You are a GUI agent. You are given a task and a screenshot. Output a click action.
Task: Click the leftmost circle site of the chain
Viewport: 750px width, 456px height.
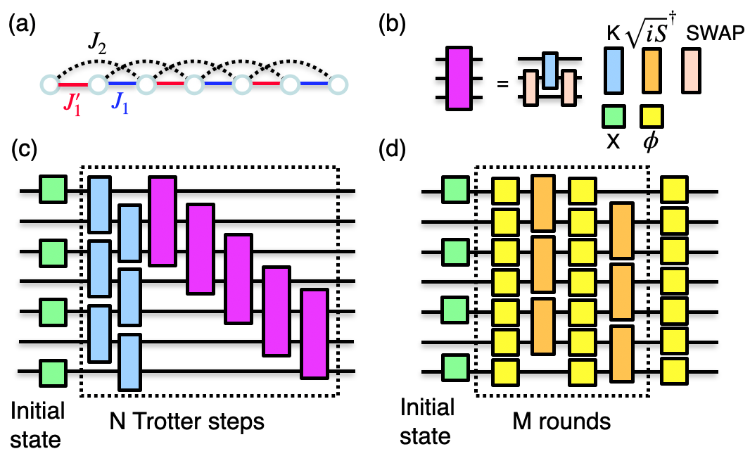coord(49,85)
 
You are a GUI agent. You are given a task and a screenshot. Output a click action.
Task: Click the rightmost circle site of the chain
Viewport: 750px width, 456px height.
coord(338,85)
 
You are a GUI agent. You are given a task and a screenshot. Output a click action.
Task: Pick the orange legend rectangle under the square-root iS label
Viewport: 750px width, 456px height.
coord(652,70)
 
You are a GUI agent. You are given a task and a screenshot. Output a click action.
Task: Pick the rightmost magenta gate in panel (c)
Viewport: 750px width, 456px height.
coord(314,332)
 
